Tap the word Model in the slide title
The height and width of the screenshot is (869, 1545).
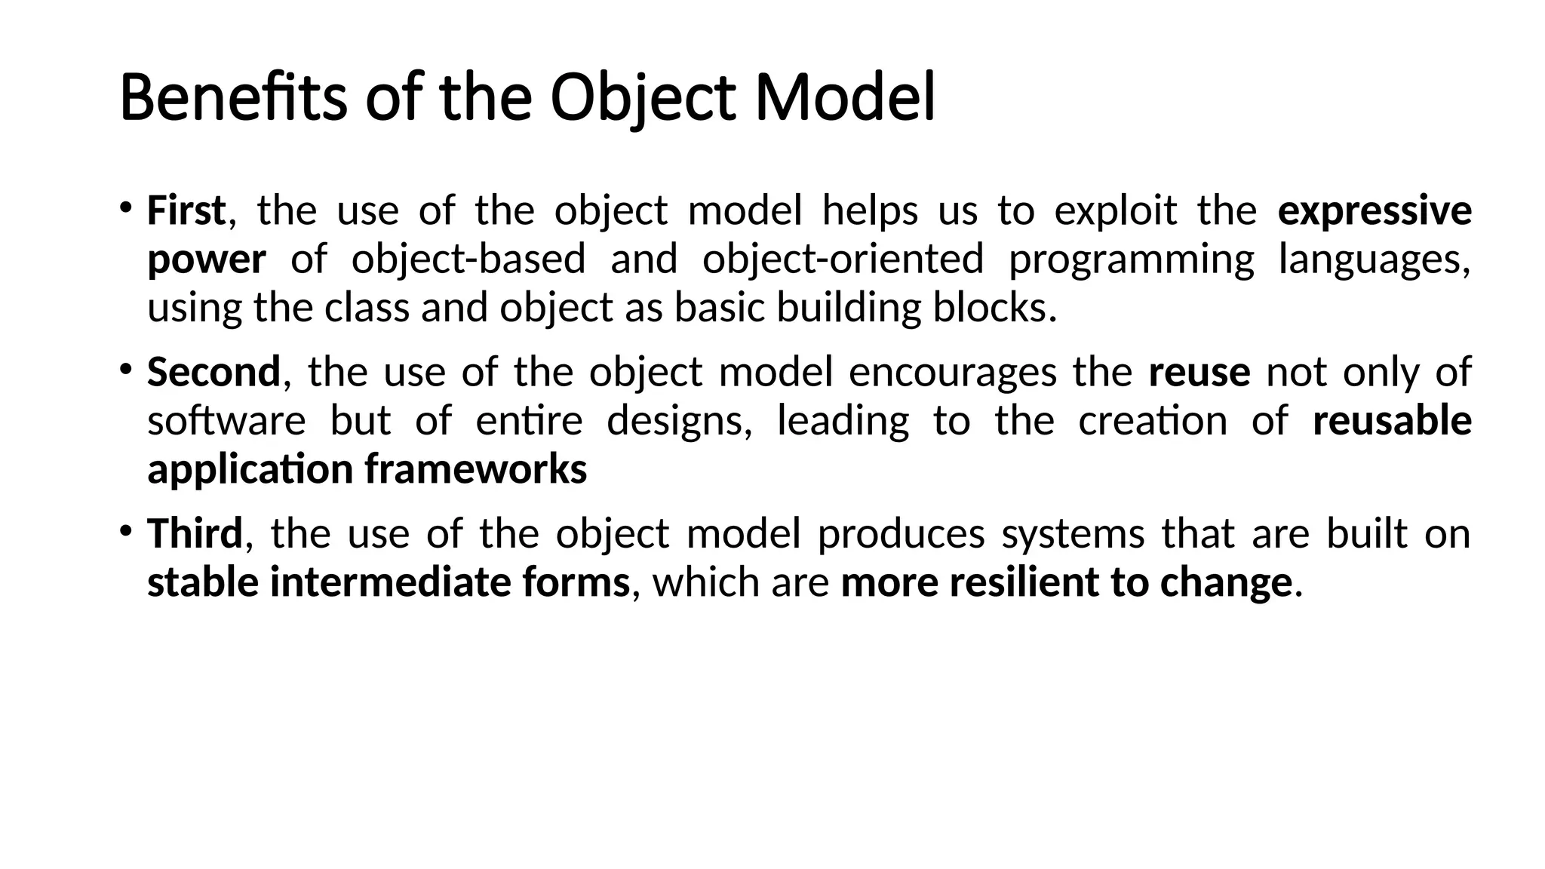(845, 98)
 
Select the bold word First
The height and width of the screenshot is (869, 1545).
(186, 210)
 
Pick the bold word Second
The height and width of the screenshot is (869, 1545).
(213, 372)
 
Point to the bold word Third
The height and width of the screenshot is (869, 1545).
(195, 533)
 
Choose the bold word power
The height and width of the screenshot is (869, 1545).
(206, 260)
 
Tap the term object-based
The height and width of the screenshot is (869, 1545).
(468, 259)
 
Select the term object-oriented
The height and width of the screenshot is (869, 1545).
(843, 259)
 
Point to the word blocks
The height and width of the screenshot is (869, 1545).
(994, 308)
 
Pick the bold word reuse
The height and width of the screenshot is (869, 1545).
(1199, 373)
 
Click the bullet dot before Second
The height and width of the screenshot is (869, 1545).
(125, 369)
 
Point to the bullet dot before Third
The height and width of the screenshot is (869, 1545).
(125, 530)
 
